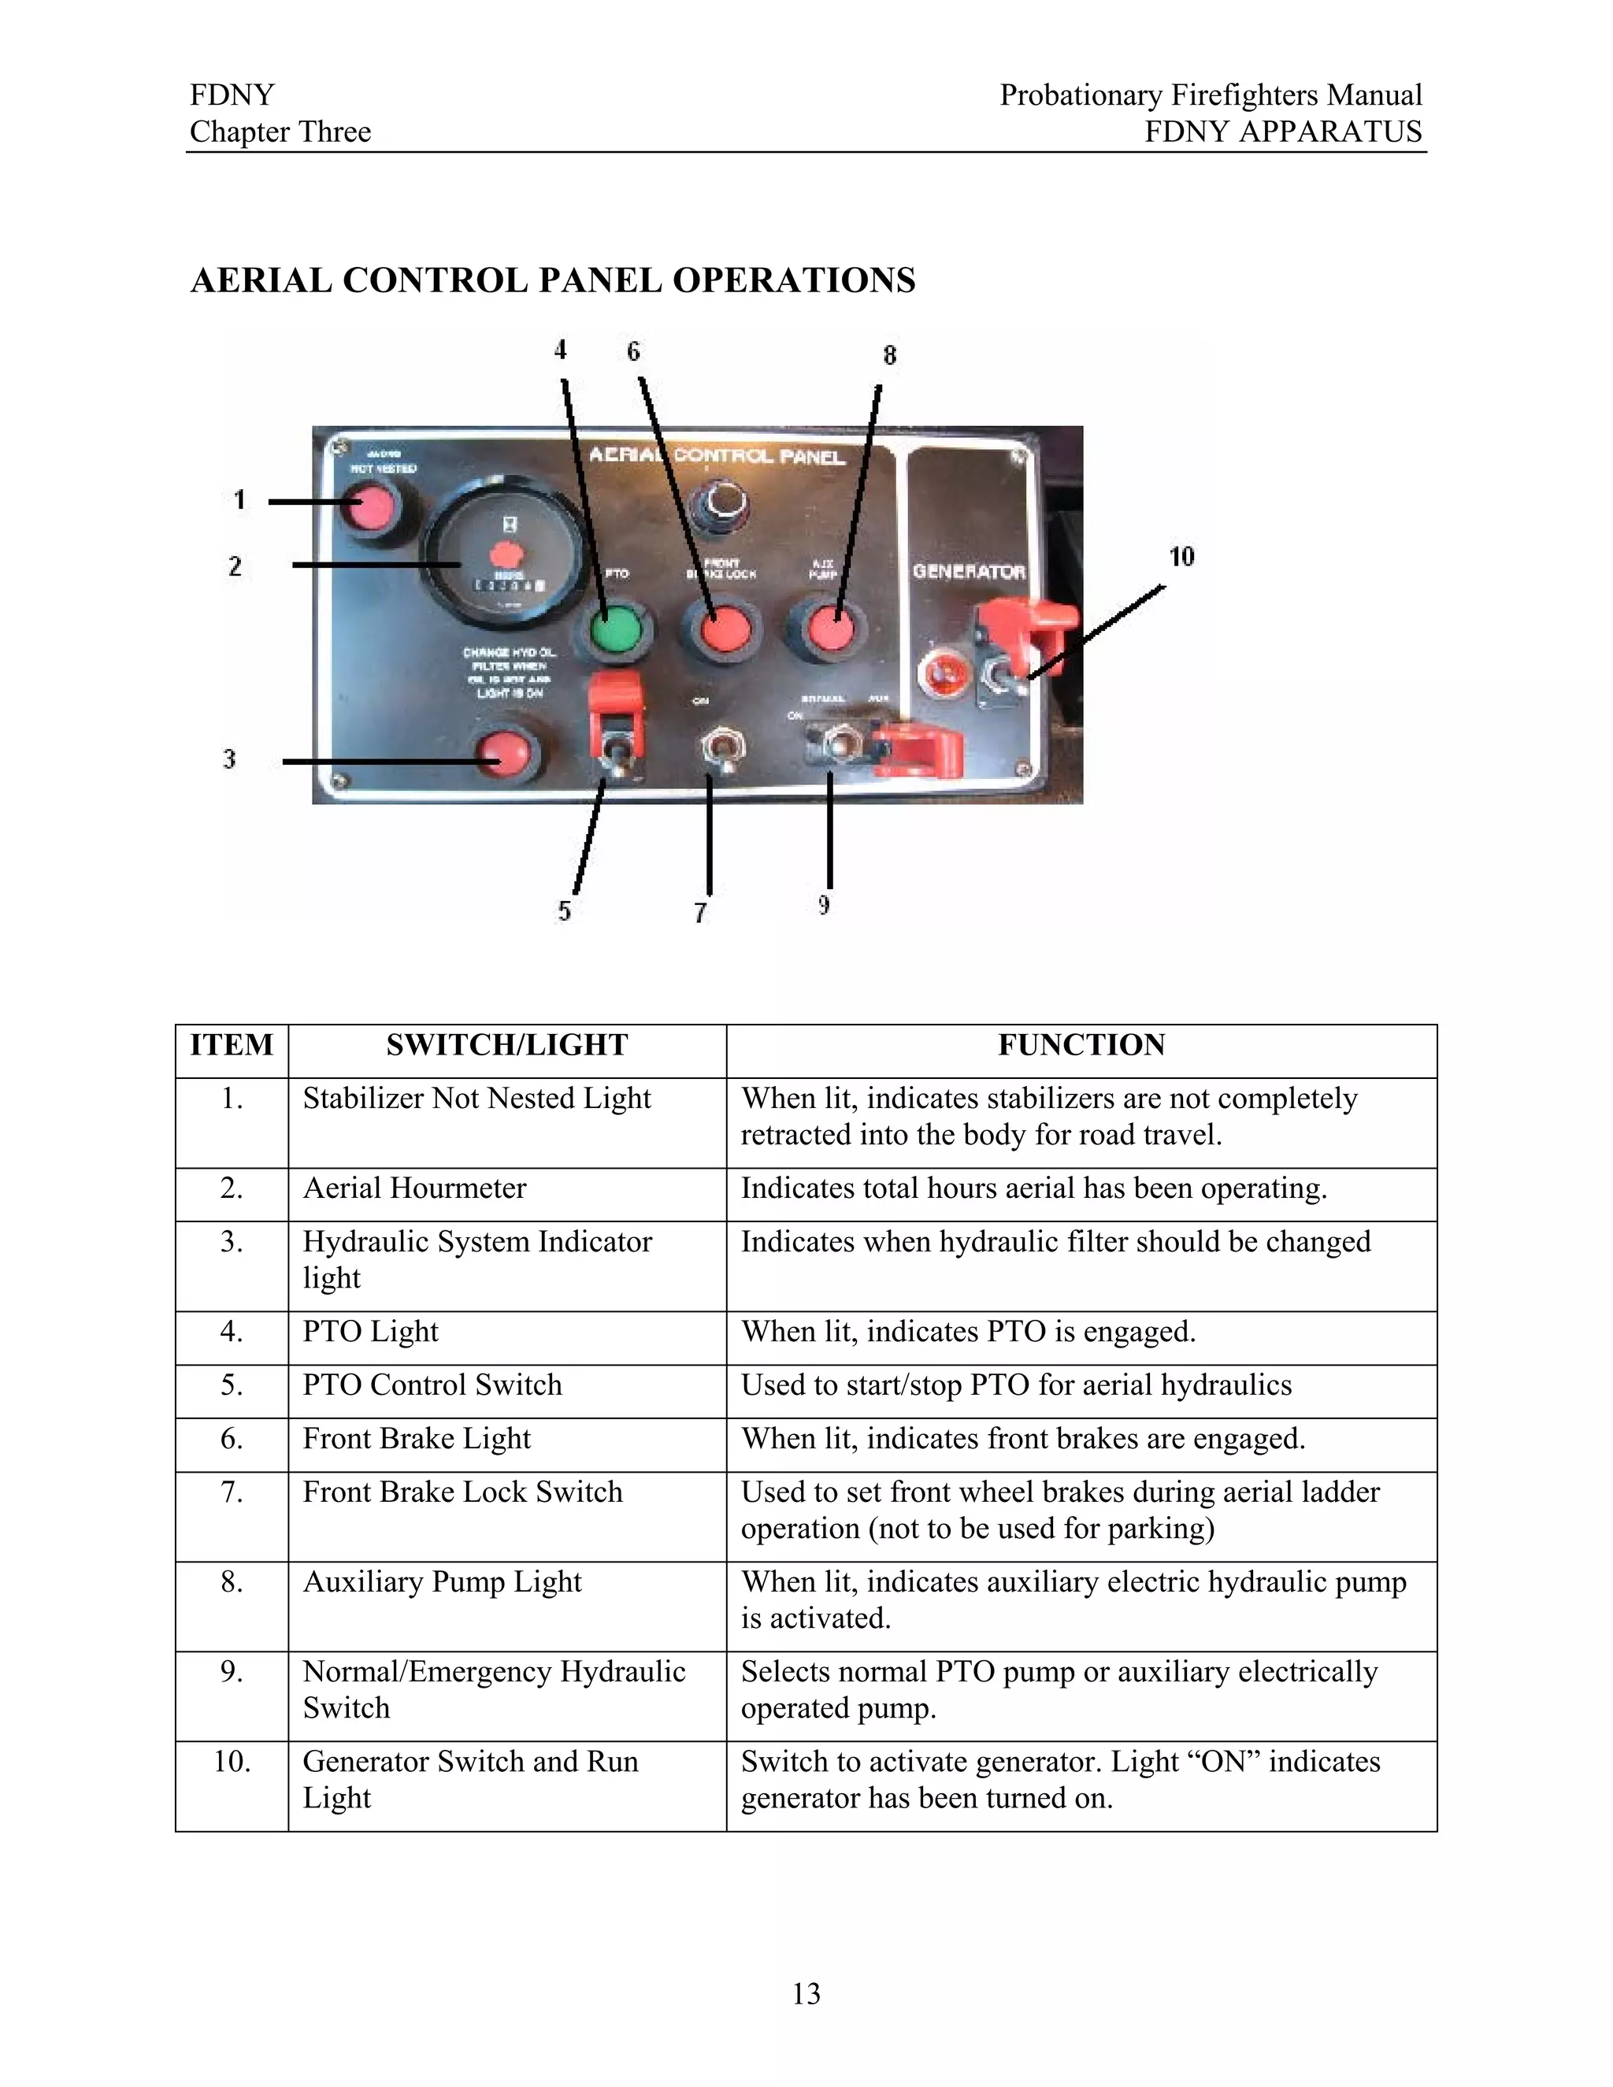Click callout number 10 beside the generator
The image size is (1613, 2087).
point(1181,556)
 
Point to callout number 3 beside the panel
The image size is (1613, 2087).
point(229,758)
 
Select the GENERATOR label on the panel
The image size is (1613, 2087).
point(969,572)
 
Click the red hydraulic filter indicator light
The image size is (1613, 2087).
point(502,756)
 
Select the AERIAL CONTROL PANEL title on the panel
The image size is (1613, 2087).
point(717,456)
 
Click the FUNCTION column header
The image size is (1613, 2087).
point(1081,1045)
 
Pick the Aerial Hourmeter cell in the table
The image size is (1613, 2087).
point(415,1188)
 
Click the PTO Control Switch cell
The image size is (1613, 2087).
point(432,1385)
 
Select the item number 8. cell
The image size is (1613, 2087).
point(232,1581)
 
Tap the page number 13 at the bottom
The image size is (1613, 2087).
point(806,1993)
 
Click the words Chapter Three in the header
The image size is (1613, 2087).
point(280,132)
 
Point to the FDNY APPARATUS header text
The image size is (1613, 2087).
point(1282,132)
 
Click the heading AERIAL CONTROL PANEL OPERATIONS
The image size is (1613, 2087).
point(552,280)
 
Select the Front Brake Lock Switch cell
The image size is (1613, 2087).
point(462,1492)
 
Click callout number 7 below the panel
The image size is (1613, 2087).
point(700,913)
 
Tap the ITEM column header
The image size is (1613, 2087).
point(232,1045)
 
